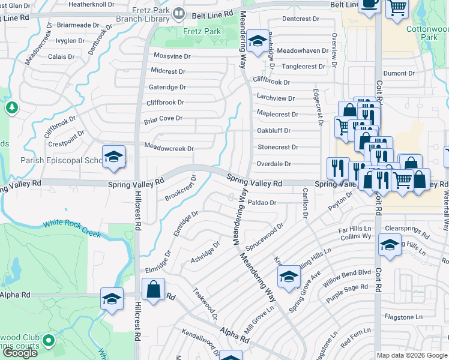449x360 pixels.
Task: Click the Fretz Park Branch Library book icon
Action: [178, 13]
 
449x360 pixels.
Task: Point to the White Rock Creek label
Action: [72, 228]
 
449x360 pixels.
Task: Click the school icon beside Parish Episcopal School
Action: [113, 157]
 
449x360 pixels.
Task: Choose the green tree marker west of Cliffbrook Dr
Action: [11, 107]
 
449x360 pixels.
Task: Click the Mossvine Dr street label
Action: [172, 56]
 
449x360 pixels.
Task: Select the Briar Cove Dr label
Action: [163, 119]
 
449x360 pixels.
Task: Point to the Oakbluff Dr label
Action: [274, 130]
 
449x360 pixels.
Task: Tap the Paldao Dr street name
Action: [262, 203]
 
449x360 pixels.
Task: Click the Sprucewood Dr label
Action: [264, 238]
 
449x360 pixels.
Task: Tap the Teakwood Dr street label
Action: [205, 303]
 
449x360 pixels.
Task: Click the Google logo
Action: [20, 353]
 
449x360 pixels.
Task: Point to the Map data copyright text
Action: [412, 355]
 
